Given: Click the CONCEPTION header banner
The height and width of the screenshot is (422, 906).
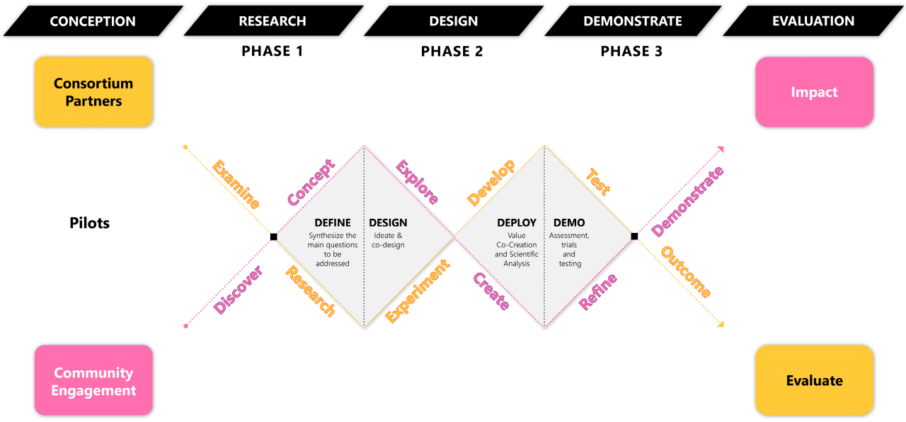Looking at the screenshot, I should pos(92,21).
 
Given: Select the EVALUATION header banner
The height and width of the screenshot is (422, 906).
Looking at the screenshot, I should pos(813,21).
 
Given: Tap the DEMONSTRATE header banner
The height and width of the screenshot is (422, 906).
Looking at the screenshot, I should pos(632,21).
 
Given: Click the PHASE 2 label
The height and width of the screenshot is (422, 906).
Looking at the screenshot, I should pos(452,51).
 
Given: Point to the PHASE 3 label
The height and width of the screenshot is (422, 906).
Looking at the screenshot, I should pos(631,51).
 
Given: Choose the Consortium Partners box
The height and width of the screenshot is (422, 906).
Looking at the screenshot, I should pos(93,92).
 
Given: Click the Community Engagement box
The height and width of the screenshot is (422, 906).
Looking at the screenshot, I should pos(93,381).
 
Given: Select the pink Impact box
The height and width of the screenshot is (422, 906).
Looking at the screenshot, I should pos(814,92).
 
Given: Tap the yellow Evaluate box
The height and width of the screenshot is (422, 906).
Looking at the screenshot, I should pos(814,381).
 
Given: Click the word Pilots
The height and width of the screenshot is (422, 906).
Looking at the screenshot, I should pos(90,223).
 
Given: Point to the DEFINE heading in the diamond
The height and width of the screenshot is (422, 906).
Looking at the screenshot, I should pos(333,223).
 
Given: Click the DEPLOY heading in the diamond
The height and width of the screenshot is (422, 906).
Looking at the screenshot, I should pos(517,223).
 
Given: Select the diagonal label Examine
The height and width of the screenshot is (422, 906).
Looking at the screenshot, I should pos(236,185).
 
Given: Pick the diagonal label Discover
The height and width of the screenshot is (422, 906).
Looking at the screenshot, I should pos(239,290).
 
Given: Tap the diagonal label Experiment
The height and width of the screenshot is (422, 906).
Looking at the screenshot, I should pos(418,291).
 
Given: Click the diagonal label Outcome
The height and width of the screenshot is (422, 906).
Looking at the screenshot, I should pos(686,272).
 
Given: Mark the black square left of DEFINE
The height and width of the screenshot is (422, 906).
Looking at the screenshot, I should pos(273,236).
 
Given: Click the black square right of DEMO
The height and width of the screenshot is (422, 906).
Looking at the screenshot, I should pos(634,236).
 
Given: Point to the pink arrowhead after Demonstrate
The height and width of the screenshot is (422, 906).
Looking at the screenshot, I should pos(721,149).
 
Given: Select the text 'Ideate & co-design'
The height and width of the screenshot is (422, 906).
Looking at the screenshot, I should pos(388,240).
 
